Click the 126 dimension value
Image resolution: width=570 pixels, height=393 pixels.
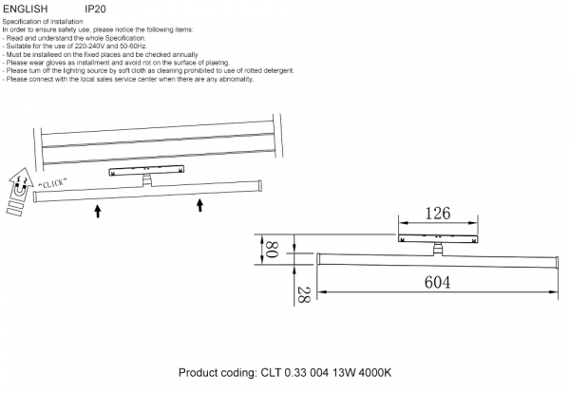[437, 214]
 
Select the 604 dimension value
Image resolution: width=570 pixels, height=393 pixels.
[437, 281]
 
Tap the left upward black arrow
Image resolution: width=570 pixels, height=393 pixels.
[98, 208]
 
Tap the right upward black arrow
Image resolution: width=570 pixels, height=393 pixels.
[200, 205]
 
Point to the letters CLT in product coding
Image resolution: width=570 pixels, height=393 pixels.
[271, 373]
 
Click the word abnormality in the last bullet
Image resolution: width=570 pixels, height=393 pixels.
[235, 80]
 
